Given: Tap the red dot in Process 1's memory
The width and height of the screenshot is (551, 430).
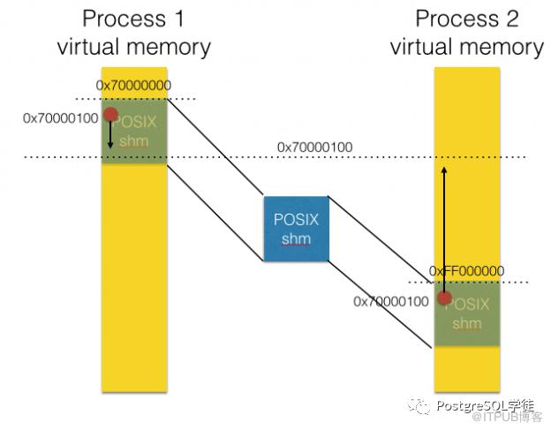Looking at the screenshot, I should point(110,115).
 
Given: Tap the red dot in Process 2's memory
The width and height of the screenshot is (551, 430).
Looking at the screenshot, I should point(444,298).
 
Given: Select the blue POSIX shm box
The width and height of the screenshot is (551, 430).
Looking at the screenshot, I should point(297,228).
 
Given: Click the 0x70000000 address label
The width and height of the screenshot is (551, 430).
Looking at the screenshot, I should point(134,86).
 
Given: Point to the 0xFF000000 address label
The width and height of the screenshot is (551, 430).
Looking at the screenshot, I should point(466,270).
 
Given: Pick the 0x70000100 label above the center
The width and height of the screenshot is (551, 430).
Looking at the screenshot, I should point(315,146).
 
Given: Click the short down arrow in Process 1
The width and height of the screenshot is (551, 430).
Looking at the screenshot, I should point(110,134).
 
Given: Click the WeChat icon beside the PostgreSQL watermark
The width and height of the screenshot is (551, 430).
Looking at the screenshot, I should point(419,404).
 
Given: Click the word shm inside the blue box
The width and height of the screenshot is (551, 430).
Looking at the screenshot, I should point(297,239).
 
